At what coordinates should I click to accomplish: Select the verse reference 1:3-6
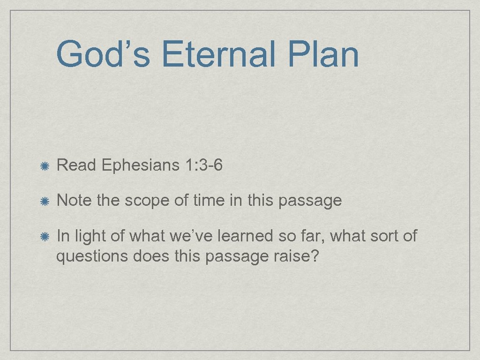[201, 165]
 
